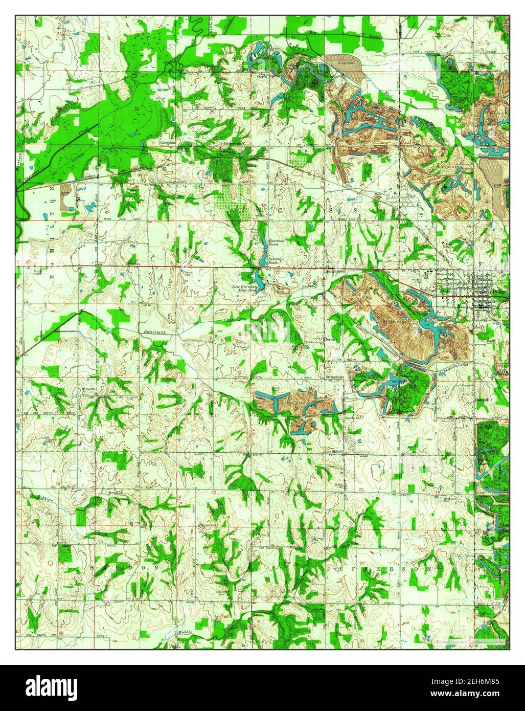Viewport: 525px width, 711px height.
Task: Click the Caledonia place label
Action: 168,142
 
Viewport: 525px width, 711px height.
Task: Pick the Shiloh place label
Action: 336,452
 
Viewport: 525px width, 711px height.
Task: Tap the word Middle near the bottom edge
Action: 185,633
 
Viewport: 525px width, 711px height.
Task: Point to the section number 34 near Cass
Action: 362,184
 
